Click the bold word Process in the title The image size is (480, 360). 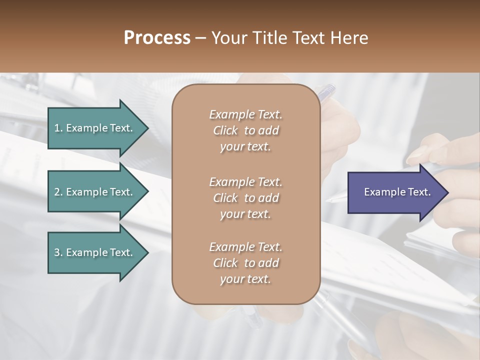coord(157,38)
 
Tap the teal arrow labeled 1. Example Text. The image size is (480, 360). coord(95,128)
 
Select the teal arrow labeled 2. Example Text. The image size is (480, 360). coord(95,192)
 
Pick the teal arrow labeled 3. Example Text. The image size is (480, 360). coord(95,252)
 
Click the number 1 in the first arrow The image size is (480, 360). coord(57,128)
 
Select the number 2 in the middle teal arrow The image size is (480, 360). coord(57,192)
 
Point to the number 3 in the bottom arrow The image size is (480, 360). coord(57,252)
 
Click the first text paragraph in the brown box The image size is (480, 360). coord(245,130)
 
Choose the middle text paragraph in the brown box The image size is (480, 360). coord(245,197)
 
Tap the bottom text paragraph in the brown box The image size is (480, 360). coord(245,263)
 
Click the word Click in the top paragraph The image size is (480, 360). coord(225,130)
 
